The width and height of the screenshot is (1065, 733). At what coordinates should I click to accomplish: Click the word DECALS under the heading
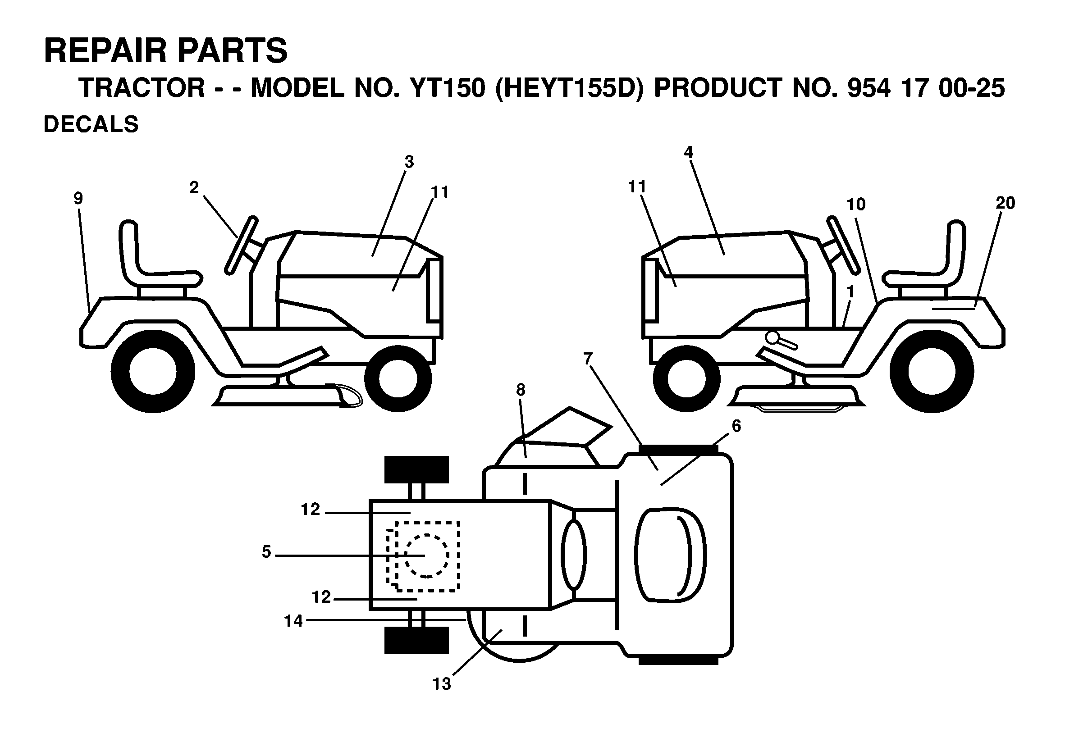pos(91,124)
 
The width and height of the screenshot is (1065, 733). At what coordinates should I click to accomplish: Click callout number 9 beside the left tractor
pos(78,198)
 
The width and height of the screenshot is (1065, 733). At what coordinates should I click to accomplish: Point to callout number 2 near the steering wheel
pos(194,187)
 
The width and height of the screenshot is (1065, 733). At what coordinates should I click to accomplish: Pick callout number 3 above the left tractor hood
pos(409,162)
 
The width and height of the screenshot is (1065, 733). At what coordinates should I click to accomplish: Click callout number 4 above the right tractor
pos(688,152)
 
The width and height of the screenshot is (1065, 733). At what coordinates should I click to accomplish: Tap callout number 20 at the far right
pos(1005,203)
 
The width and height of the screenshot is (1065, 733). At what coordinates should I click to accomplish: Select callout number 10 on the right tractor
pos(856,204)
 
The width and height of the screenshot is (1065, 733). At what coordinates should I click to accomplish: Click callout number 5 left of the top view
pos(266,551)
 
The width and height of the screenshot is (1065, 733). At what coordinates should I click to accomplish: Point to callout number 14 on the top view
pos(293,621)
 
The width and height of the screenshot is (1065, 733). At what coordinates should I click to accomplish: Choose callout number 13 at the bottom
pos(442,697)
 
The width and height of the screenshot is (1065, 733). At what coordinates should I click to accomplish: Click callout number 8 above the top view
pos(520,389)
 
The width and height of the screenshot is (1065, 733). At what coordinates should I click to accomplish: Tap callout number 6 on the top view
pos(736,426)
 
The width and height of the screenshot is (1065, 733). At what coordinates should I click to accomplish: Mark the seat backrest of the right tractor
pos(955,248)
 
